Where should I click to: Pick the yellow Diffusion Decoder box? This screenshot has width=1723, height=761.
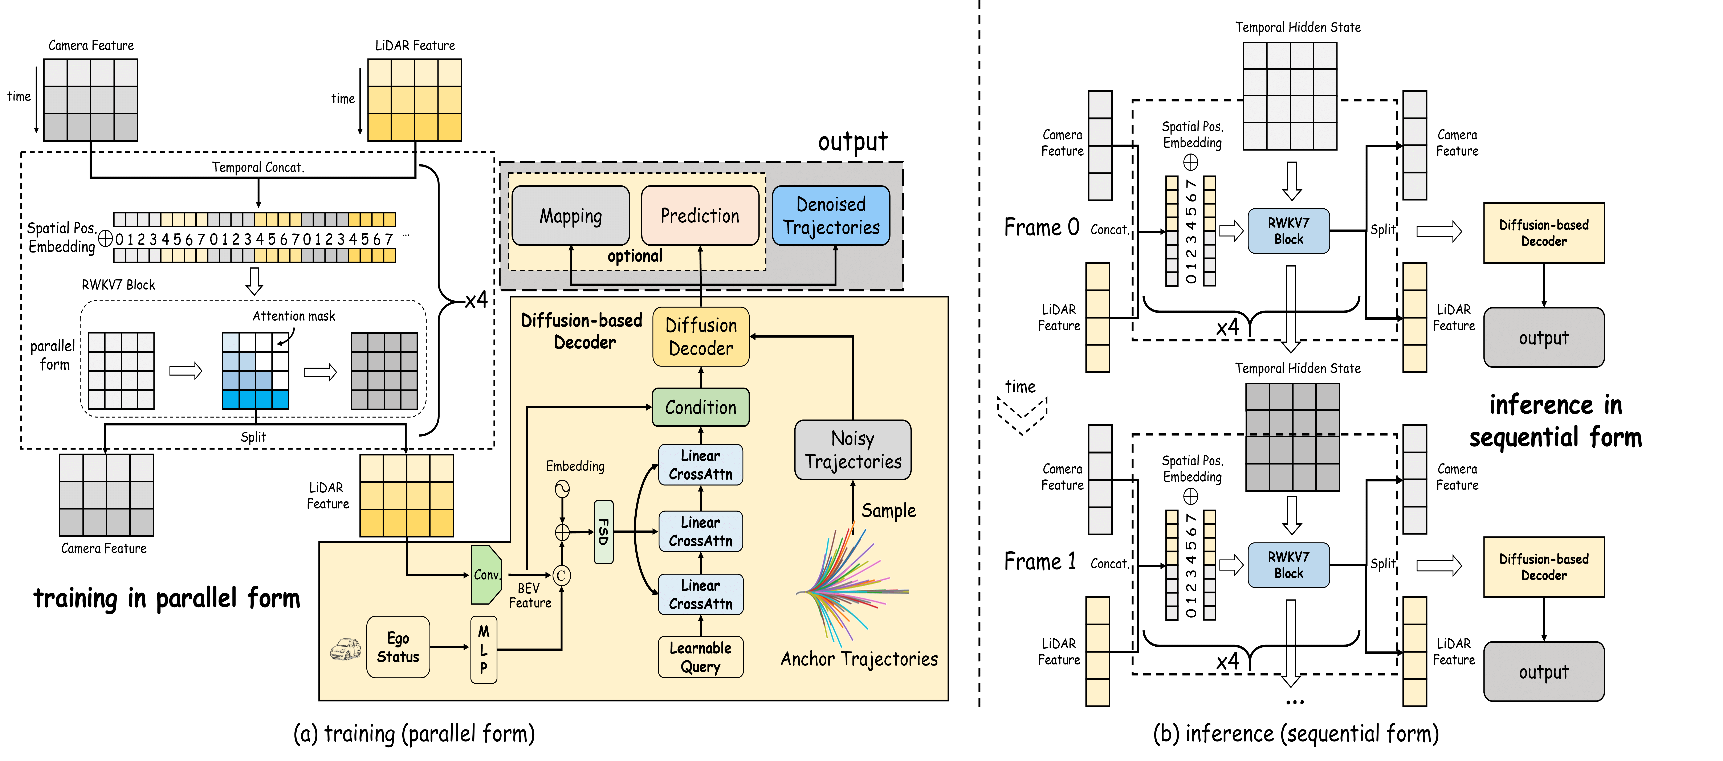point(700,336)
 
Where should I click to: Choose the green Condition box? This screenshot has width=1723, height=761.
point(700,407)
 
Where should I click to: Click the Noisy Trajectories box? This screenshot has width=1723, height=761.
point(853,450)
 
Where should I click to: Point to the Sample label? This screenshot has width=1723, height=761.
point(888,511)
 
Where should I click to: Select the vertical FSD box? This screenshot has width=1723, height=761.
point(603,532)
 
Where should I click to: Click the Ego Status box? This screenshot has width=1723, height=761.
point(398,647)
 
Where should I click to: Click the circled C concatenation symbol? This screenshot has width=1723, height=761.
point(561,575)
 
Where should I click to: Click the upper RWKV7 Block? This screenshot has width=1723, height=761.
point(1288,231)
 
